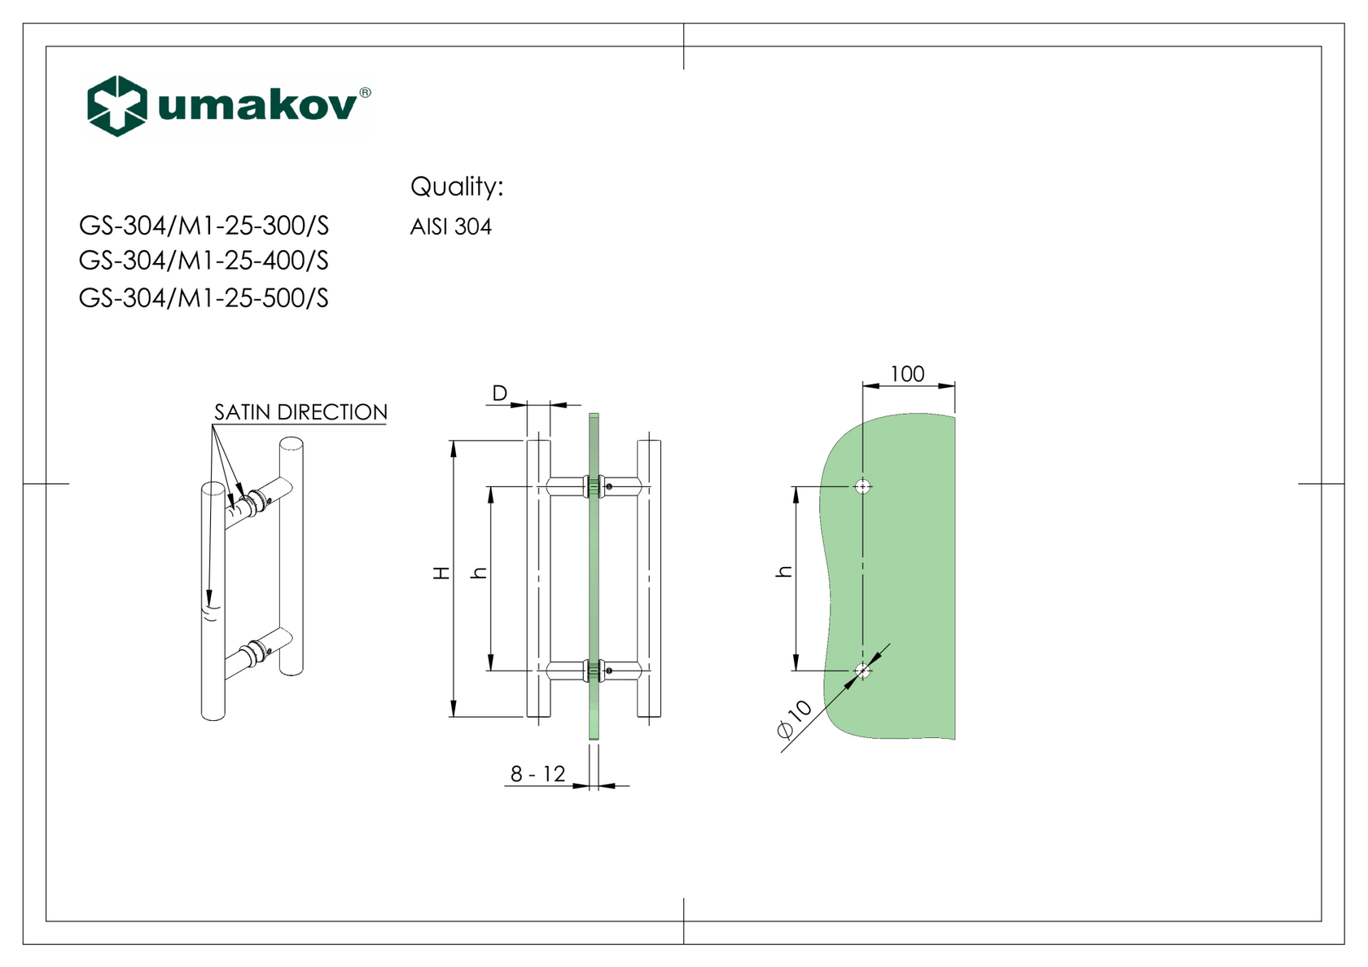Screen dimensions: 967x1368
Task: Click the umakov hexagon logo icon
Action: (117, 106)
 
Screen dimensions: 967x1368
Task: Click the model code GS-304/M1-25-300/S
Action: (204, 226)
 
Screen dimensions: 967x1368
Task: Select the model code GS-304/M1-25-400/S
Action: (204, 261)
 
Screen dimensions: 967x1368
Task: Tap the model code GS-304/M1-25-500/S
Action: (204, 298)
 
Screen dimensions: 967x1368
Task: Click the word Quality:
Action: (457, 187)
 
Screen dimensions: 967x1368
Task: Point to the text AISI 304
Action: (450, 226)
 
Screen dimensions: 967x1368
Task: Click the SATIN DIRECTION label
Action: (300, 412)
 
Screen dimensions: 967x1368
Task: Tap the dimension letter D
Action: (499, 393)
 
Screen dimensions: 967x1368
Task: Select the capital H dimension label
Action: (441, 573)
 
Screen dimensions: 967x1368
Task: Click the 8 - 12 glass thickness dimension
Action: (537, 774)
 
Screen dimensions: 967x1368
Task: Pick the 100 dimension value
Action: (907, 374)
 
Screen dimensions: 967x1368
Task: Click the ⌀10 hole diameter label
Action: (795, 719)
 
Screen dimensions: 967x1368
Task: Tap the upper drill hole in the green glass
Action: (863, 487)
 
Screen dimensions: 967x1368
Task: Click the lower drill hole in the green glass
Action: (863, 671)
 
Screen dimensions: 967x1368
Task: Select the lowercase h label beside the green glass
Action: (784, 572)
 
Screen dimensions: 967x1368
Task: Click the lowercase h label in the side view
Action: (480, 573)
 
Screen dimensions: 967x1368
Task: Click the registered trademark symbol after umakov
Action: (365, 93)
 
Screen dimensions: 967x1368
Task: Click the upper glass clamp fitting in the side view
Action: (594, 486)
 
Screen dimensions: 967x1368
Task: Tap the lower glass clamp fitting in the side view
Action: (594, 671)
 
